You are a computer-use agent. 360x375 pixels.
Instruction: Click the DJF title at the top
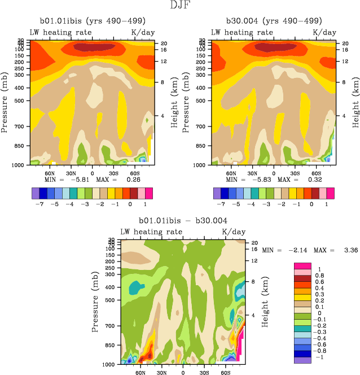coord(180,6)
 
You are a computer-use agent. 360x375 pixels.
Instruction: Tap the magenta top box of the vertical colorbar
coord(302,265)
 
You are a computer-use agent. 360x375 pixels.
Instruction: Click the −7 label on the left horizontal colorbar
coord(43,203)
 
